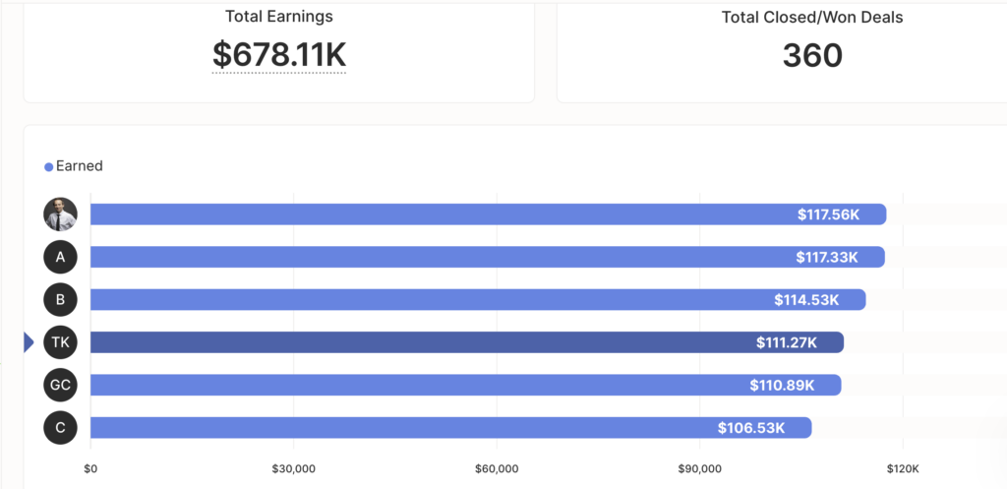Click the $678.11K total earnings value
279,54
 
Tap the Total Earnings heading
279,16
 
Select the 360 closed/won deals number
812,55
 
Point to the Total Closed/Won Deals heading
812,18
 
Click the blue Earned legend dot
48,167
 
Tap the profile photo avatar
60,214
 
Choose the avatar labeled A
60,257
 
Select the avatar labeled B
60,299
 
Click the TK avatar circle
60,342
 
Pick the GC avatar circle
60,385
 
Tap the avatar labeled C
60,428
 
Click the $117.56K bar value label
828,214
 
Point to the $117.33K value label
827,258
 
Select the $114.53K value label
806,300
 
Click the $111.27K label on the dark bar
787,343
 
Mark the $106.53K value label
751,428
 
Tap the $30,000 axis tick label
293,469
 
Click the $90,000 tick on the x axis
699,469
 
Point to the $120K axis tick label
903,469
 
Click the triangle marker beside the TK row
29,342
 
